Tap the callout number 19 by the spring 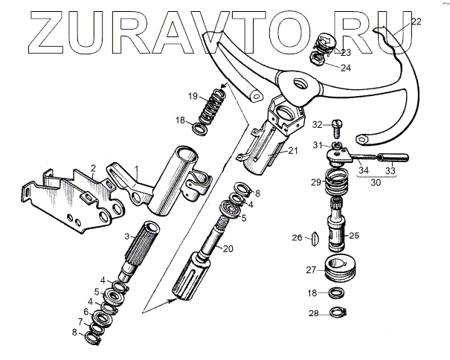pyautogui.click(x=193, y=96)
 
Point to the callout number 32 pyautogui.click(x=316, y=124)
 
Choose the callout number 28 pyautogui.click(x=314, y=313)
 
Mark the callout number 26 pyautogui.click(x=296, y=238)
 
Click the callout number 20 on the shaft pyautogui.click(x=228, y=248)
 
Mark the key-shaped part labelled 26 pyautogui.click(x=313, y=239)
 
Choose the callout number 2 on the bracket pyautogui.click(x=93, y=167)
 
